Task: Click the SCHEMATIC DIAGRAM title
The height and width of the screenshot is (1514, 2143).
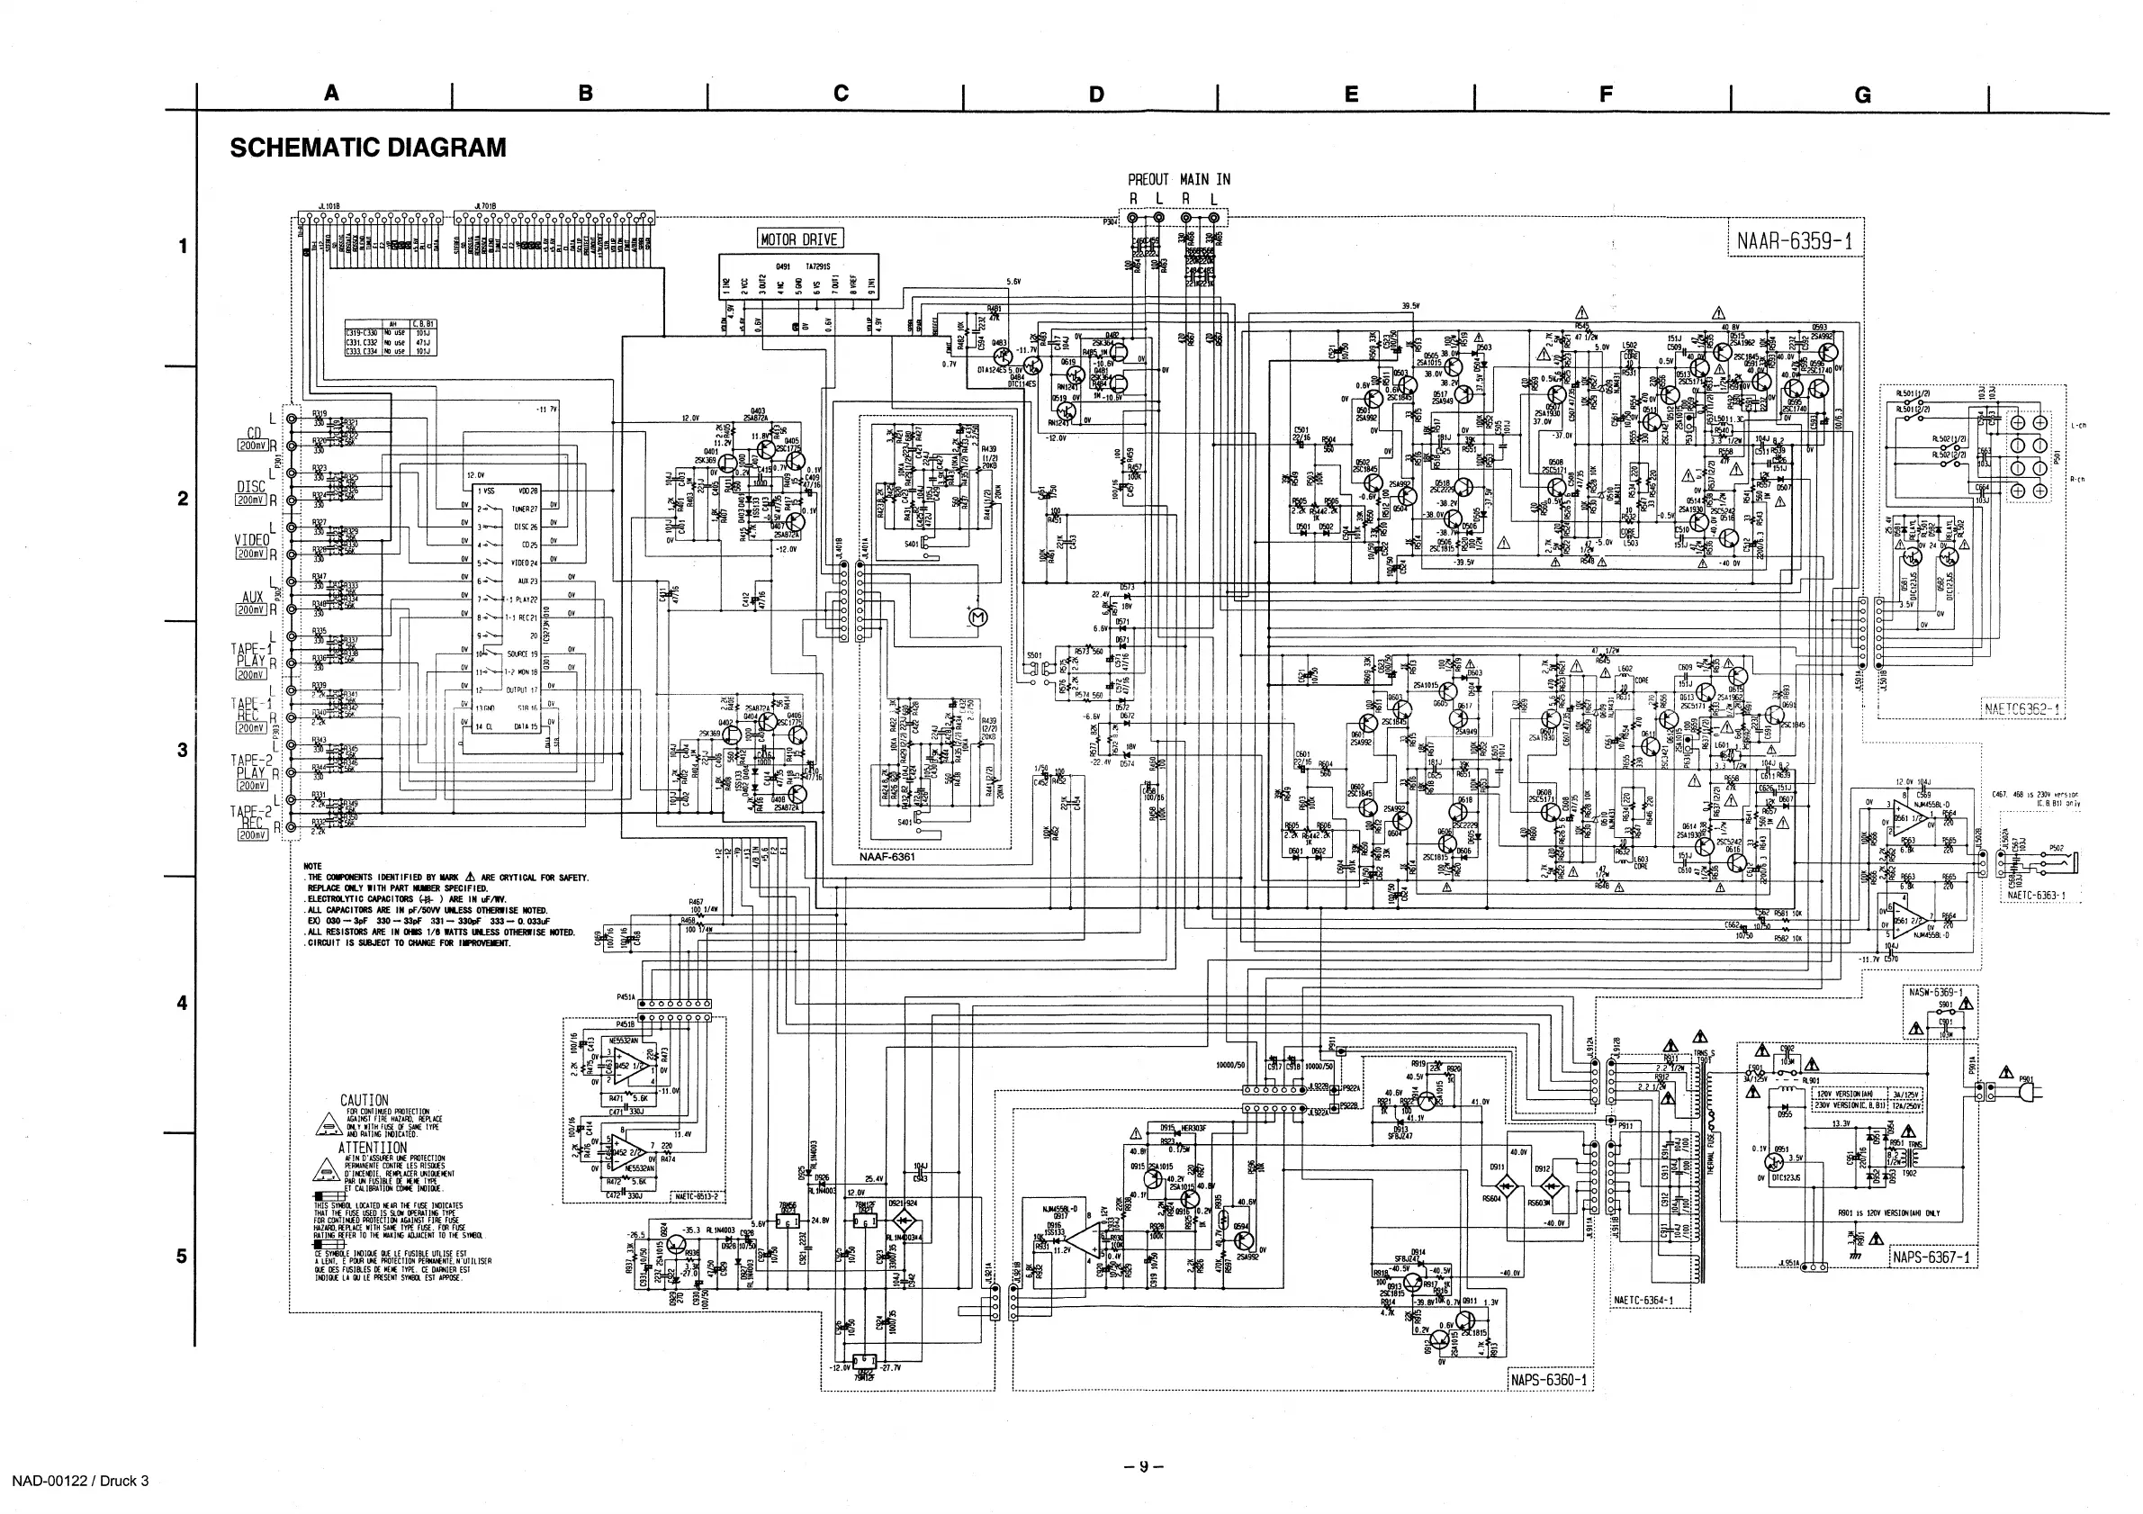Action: [x=368, y=148]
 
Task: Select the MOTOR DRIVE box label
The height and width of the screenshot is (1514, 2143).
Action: [x=799, y=239]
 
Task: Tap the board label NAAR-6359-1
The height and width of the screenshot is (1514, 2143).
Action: [x=1794, y=242]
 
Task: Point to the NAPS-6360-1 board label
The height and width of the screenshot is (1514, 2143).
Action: [x=1548, y=1380]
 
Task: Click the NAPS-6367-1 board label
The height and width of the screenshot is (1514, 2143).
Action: [x=1933, y=1257]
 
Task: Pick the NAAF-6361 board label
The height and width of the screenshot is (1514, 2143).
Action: [x=887, y=856]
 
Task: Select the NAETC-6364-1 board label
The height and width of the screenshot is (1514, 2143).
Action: [x=1643, y=1301]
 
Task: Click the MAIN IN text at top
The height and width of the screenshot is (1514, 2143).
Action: [x=1205, y=179]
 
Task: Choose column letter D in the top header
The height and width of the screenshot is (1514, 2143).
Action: [x=1095, y=95]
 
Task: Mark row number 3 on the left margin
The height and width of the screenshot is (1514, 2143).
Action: [x=183, y=751]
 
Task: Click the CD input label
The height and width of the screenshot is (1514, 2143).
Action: [x=254, y=432]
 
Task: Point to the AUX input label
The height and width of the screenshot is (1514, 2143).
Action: [x=252, y=597]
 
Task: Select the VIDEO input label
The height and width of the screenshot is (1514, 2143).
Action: [x=251, y=540]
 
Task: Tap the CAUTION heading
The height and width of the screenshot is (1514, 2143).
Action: [x=364, y=1101]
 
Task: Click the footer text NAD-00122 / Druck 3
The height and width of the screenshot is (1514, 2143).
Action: [x=80, y=1481]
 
